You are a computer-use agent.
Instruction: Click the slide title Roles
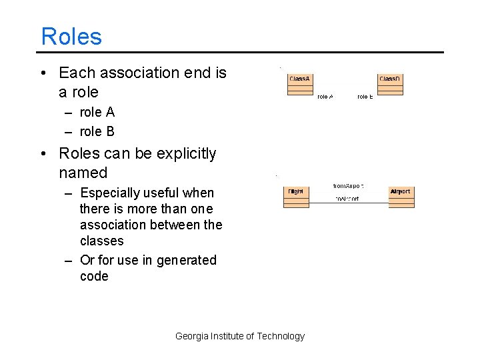71,36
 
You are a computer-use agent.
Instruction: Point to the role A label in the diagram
325,97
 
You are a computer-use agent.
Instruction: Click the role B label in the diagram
365,97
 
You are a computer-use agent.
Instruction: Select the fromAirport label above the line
348,186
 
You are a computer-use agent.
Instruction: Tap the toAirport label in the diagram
347,199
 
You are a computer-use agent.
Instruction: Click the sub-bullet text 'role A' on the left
97,112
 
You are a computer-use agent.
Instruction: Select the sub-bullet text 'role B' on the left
97,131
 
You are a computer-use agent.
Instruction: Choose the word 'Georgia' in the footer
191,336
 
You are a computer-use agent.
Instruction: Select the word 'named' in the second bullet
83,173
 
